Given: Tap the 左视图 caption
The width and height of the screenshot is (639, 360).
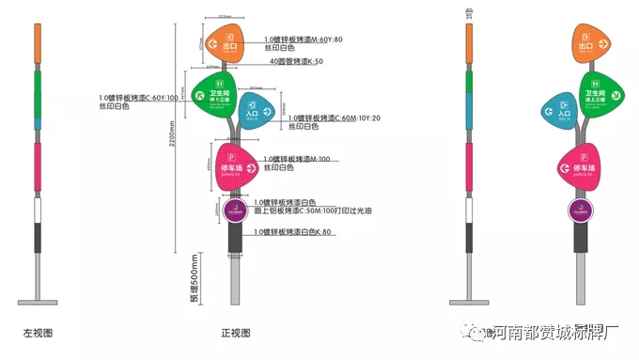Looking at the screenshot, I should pyautogui.click(x=36, y=333).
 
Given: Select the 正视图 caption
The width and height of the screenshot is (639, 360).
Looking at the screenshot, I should pyautogui.click(x=235, y=333).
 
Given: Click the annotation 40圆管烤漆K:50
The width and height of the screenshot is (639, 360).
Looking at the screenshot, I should pyautogui.click(x=297, y=61).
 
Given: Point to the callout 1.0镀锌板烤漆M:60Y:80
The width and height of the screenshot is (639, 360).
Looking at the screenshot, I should pyautogui.click(x=304, y=39).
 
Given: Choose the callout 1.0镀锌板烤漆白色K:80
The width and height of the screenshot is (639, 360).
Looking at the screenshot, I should pyautogui.click(x=293, y=231).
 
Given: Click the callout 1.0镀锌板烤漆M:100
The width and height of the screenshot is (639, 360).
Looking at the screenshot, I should pyautogui.click(x=297, y=159).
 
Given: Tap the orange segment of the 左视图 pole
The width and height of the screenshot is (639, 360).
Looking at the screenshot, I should pyautogui.click(x=37, y=43).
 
